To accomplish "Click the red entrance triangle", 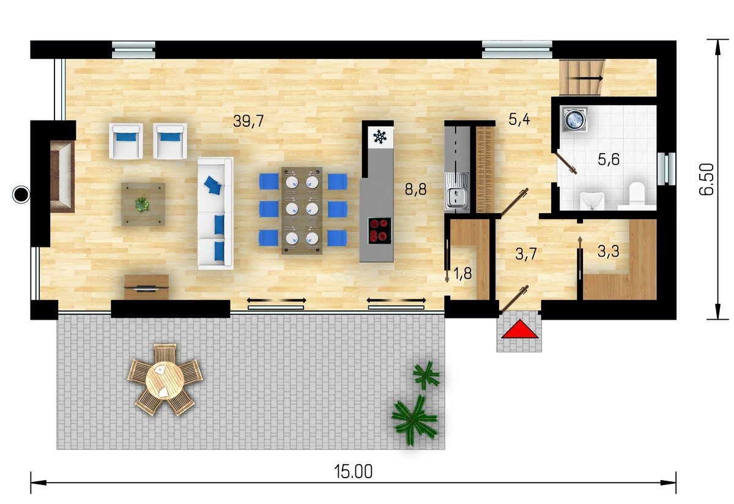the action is [x=520, y=331].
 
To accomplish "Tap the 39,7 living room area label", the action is [x=248, y=121].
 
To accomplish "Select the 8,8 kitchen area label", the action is [x=416, y=189].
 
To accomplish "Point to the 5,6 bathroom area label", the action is [x=609, y=160].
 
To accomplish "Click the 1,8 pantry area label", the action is [x=462, y=273].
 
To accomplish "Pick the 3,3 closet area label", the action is [x=609, y=251].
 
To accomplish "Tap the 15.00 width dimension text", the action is [x=354, y=472].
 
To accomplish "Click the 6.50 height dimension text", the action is [x=706, y=179].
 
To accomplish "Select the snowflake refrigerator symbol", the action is [x=380, y=137].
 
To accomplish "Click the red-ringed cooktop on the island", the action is [x=379, y=231].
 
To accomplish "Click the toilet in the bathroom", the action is [x=637, y=196].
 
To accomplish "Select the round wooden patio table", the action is [x=165, y=380].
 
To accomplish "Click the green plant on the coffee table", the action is [x=142, y=204].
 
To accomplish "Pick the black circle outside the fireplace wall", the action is [x=21, y=195].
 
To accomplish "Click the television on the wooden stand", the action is [x=146, y=288].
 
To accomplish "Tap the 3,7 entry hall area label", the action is [x=526, y=254].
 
